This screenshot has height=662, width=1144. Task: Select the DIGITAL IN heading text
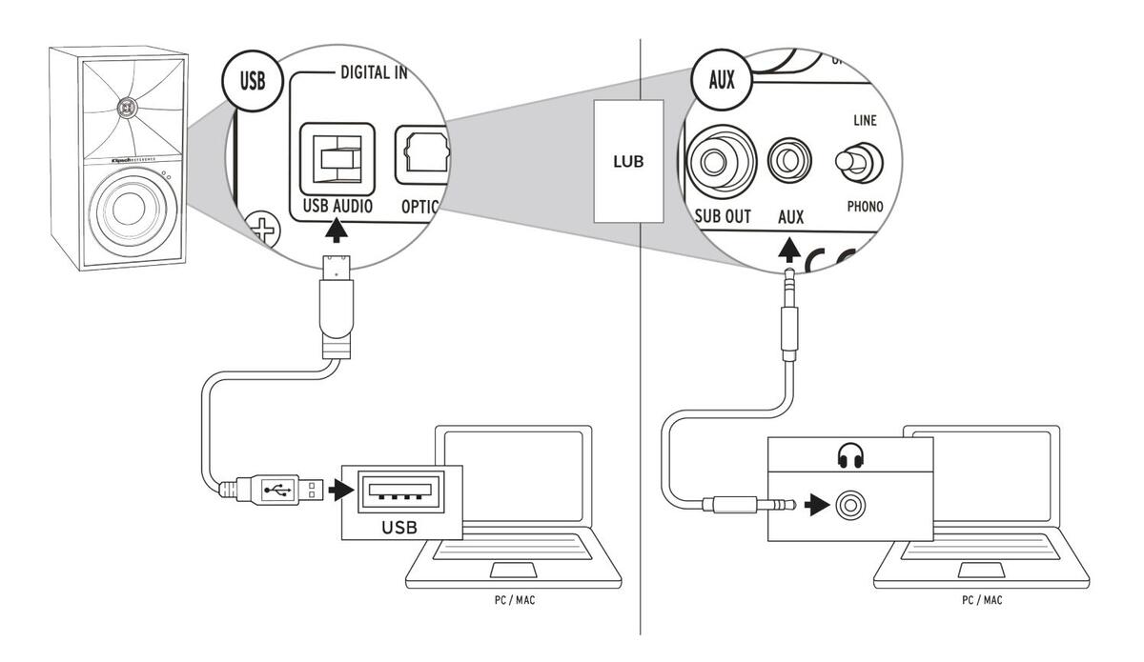367,74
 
